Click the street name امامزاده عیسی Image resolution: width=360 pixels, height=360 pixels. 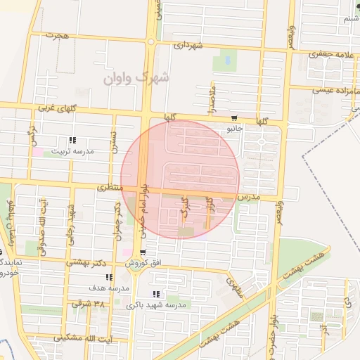coord(329,89)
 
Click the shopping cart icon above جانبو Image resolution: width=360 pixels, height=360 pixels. coord(234,118)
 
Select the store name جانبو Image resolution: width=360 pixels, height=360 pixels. coord(234,129)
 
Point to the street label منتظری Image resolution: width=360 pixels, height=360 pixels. coord(110,188)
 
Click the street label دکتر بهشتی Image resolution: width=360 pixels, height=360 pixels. coord(87,263)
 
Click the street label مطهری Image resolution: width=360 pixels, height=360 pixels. coord(234,285)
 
